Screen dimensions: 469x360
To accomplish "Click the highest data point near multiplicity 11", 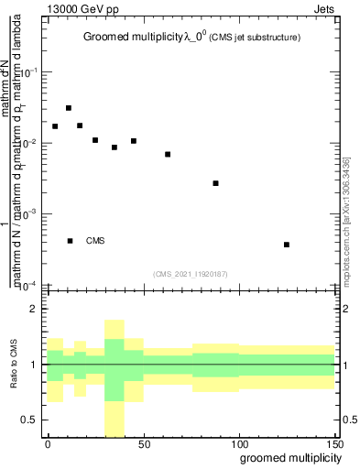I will (69, 108).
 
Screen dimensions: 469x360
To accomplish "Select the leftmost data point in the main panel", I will (55, 126).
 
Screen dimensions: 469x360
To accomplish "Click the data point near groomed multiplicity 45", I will (134, 141).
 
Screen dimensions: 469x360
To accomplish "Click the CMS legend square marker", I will (70, 241).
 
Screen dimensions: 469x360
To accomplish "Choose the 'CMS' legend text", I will (95, 241).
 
